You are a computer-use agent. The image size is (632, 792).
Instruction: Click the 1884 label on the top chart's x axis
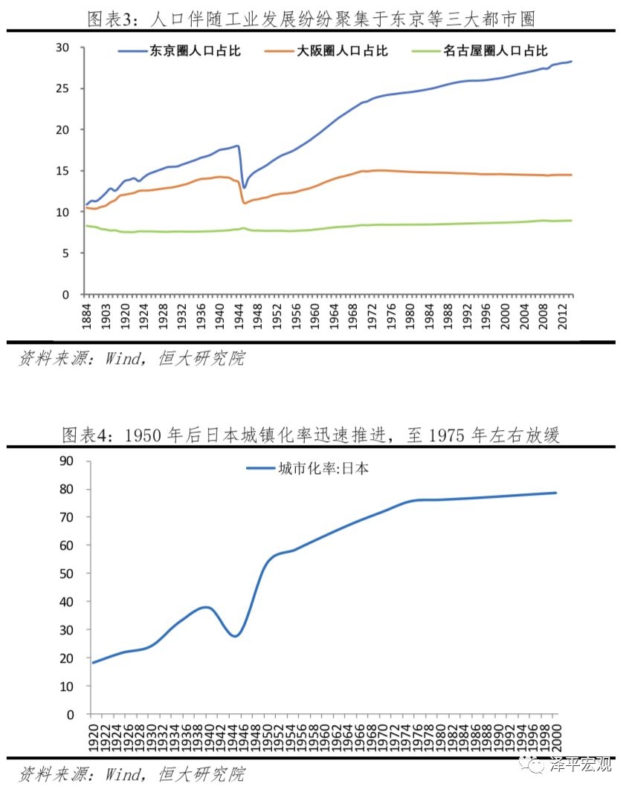[x=87, y=316]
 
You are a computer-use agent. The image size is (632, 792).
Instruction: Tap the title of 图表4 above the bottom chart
[x=310, y=435]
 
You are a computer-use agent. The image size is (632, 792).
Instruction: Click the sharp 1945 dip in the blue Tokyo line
[x=244, y=186]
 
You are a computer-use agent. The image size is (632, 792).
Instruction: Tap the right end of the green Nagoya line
[x=571, y=220]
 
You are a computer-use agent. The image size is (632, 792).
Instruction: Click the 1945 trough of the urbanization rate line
[x=235, y=636]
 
